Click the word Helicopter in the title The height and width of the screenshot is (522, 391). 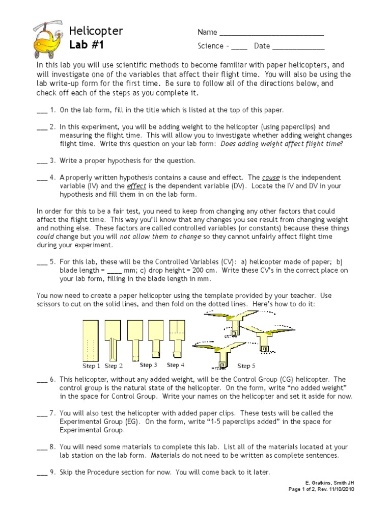coord(96,31)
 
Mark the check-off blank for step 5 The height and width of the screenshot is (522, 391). coord(42,263)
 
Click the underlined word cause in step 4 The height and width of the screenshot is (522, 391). coord(271,177)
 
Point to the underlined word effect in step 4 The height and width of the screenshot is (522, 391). coord(135,186)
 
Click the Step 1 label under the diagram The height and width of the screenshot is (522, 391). coord(92,366)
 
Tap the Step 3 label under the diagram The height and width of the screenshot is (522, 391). coord(148,366)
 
